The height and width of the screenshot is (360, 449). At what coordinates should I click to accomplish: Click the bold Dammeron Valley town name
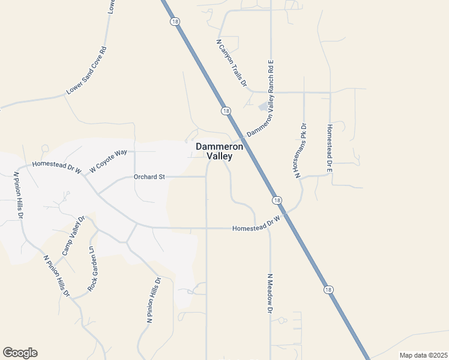coord(219,151)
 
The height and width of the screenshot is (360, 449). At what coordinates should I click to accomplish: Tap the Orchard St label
coord(149,177)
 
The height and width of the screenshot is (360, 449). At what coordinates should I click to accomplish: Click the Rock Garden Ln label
coord(92,269)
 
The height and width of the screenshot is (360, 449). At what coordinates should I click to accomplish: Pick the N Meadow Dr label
coord(270,293)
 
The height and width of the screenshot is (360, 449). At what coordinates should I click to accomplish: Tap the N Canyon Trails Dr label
coord(232,64)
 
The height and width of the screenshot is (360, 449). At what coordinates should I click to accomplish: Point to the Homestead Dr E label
coord(329,149)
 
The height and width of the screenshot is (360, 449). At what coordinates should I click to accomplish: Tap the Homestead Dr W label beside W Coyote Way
coord(56,165)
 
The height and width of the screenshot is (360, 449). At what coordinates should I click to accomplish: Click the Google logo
coord(20,353)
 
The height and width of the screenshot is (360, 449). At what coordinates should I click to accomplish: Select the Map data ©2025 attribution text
coord(423,355)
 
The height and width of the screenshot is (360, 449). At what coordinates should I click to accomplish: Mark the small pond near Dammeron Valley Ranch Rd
coord(263,107)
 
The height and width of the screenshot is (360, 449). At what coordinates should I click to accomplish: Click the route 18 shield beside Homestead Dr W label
coord(276,200)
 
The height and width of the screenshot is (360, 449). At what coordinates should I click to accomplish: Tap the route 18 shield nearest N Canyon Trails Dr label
coord(225,111)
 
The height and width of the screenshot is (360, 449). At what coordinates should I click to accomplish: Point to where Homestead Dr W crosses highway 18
coord(288,214)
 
